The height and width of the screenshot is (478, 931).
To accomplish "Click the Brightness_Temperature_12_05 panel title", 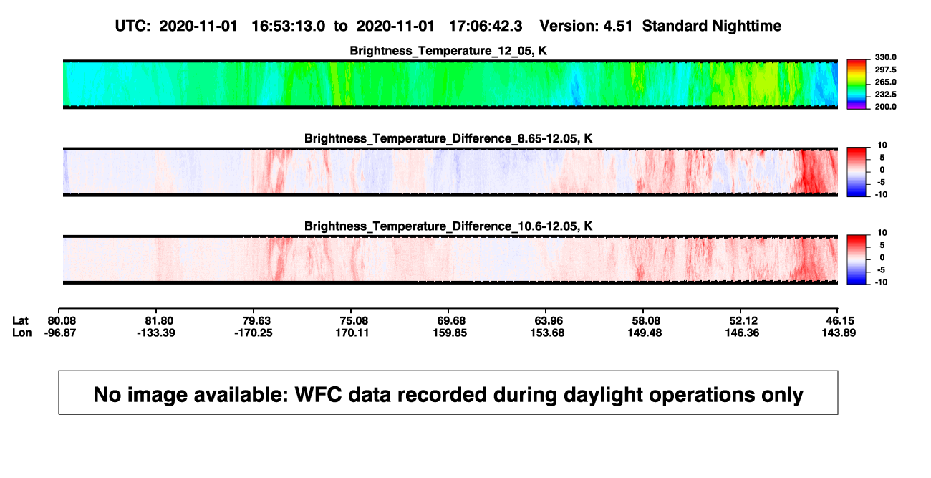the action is click(448, 51).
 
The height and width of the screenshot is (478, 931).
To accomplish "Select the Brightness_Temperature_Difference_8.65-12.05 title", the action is click(448, 138).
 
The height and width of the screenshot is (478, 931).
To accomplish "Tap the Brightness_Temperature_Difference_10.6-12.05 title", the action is click(448, 226).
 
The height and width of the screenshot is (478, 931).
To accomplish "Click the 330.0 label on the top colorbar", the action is click(885, 57).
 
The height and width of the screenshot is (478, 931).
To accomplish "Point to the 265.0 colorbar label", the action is click(885, 82).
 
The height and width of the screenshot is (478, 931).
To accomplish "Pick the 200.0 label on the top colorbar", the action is click(885, 107).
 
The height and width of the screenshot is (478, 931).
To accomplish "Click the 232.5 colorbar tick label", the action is click(885, 95).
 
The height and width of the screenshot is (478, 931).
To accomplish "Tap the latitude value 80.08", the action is click(62, 321).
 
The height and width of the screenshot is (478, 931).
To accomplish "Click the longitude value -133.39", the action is click(156, 333).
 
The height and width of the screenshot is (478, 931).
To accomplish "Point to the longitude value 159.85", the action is click(450, 333).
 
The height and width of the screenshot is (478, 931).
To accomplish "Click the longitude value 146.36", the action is click(742, 333).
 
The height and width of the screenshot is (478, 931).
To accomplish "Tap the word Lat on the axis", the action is click(20, 321).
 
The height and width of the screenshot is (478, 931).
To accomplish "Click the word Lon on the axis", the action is click(21, 333).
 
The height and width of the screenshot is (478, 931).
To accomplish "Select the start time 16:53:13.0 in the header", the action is click(289, 27).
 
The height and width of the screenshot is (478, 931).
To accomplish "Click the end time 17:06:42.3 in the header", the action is click(486, 27).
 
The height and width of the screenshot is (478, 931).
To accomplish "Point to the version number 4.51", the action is click(617, 27).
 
